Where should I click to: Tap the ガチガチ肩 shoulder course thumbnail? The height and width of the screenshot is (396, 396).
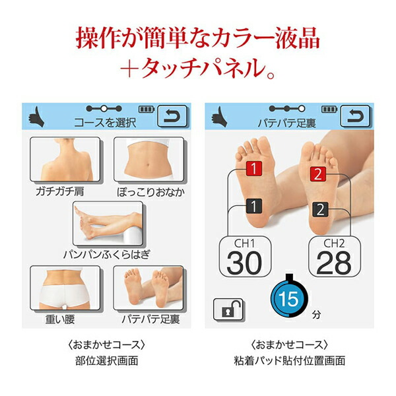[x=65, y=160]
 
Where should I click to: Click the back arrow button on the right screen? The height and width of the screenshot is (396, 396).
[x=355, y=116]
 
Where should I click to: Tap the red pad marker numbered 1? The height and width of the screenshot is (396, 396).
[x=251, y=168]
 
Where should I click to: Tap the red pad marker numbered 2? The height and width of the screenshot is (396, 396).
[x=317, y=175]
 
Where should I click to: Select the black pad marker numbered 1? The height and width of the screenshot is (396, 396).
[x=251, y=207]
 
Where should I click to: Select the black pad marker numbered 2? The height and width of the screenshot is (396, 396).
[x=319, y=210]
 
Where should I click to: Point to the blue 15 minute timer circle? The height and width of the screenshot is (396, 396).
[x=288, y=298]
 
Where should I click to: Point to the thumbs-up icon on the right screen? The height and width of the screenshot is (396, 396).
[x=219, y=117]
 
